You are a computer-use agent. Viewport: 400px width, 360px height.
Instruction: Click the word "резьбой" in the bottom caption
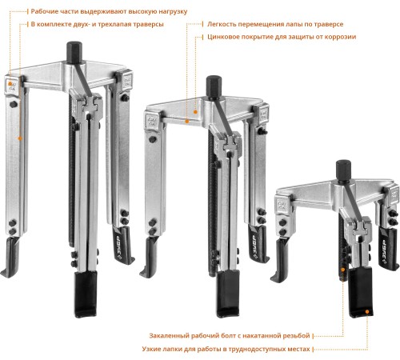coord(296,335)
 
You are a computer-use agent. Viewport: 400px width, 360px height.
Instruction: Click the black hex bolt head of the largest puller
coord(74,52)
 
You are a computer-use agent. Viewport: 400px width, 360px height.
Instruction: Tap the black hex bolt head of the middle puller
coord(214,87)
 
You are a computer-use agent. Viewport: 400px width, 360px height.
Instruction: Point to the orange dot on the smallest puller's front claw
coord(367,311)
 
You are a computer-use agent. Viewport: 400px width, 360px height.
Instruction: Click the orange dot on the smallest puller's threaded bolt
coord(343,270)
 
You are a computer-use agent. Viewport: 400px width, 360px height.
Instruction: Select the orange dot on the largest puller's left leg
coord(20,138)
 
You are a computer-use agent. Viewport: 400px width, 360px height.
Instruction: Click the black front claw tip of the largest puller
coord(86,294)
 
